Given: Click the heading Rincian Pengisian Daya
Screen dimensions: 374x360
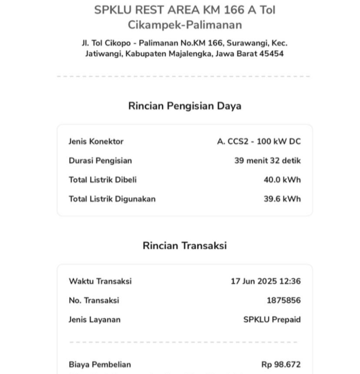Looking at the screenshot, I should click(x=184, y=106).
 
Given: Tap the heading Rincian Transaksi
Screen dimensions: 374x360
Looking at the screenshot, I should click(x=184, y=246).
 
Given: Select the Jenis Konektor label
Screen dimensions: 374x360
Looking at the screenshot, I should click(x=96, y=142).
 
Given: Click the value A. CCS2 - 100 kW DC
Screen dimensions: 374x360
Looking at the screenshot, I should click(x=258, y=142).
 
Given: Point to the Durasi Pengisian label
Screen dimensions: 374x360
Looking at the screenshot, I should click(x=100, y=161).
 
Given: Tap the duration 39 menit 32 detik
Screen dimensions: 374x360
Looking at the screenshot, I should click(x=267, y=161).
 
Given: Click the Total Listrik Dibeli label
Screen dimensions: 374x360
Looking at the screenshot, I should click(x=102, y=180).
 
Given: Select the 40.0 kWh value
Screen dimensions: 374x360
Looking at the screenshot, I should click(x=282, y=180).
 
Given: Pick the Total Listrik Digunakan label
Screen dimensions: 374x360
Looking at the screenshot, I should click(x=112, y=199).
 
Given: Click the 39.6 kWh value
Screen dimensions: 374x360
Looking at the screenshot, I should click(x=282, y=199).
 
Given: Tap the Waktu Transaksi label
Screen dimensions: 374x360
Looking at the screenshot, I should click(x=100, y=281).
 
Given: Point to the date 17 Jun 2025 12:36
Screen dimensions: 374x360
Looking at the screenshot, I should click(x=266, y=281).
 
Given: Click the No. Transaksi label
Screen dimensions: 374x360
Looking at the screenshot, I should click(x=94, y=301).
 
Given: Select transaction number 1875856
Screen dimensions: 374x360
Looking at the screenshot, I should click(x=283, y=301).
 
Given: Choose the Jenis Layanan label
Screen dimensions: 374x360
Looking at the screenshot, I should click(x=94, y=320).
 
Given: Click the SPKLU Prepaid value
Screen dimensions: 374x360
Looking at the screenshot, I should click(x=272, y=320).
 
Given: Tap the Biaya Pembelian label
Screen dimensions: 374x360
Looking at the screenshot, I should click(x=100, y=365).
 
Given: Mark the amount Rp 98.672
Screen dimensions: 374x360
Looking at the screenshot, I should click(x=281, y=365).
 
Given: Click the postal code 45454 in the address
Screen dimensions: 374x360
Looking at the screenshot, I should click(x=271, y=54).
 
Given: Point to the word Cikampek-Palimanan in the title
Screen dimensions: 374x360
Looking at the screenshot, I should click(x=185, y=25).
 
